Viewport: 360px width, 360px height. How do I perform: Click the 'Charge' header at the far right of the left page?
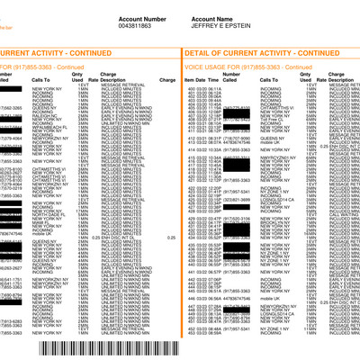pos(167,81)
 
